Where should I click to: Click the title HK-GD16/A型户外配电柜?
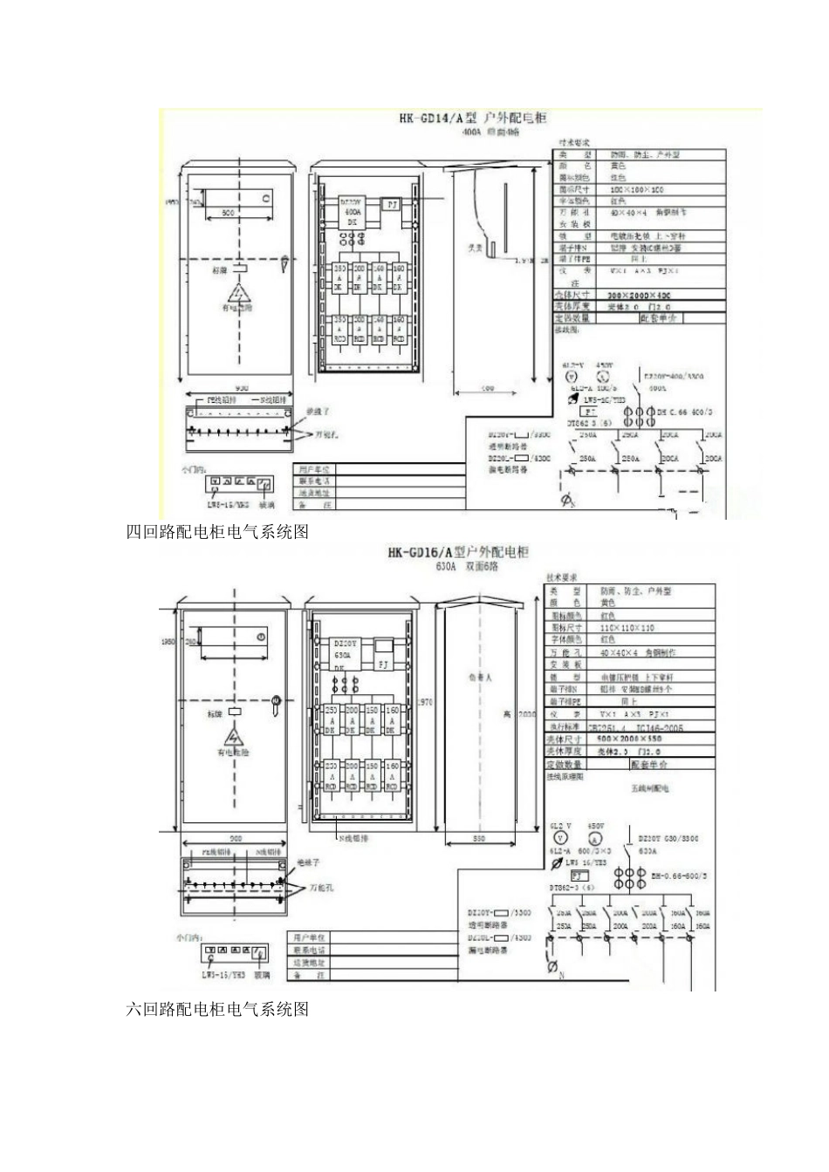458,553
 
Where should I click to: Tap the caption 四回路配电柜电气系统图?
217,532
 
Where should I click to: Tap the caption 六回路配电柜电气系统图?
217,1009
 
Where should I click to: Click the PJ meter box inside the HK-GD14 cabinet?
392,203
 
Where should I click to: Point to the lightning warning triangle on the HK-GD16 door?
235,732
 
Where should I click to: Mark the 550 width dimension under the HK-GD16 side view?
478,839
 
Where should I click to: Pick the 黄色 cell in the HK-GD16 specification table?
608,603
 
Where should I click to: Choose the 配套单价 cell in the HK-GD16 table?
649,764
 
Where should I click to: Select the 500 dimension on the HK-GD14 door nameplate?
227,213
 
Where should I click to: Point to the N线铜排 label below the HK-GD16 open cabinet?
350,837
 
